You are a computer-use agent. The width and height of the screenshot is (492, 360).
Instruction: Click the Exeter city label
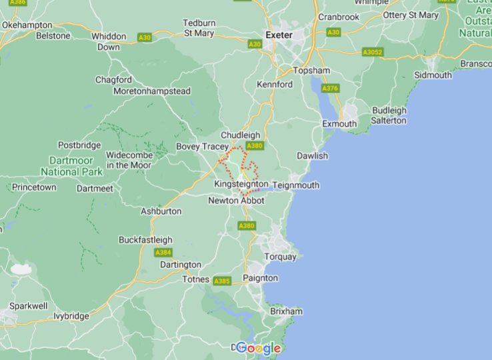[279, 35]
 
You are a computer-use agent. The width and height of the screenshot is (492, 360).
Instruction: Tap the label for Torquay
[280, 257]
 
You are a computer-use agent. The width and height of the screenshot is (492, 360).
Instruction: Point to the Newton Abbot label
[236, 200]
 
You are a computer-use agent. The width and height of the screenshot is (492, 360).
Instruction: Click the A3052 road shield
[373, 51]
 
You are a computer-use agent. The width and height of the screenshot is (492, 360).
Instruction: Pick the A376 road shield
[329, 88]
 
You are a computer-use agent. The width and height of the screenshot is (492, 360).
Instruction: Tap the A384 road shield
[163, 252]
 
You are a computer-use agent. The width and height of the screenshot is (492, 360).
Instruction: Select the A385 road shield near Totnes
[221, 281]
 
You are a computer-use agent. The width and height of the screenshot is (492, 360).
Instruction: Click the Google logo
[258, 348]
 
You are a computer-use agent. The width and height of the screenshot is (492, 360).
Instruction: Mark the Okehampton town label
[27, 25]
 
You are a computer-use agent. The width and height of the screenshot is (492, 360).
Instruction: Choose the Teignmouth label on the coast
[295, 185]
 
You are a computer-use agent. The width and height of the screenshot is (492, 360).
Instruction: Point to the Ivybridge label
[71, 316]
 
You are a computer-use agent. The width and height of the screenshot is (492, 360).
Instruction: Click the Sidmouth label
[433, 75]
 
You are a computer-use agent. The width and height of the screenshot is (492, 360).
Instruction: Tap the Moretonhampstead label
[151, 91]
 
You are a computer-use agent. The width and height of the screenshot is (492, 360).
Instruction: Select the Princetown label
[34, 187]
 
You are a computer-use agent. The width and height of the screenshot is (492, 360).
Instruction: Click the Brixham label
[286, 311]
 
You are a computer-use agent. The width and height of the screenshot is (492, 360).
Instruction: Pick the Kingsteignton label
[241, 184]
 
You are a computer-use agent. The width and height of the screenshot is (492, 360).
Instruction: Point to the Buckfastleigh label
[145, 239]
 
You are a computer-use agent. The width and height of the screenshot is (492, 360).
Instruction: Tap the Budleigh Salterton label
[389, 115]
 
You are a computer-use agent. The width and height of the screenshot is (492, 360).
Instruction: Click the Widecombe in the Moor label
[129, 160]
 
